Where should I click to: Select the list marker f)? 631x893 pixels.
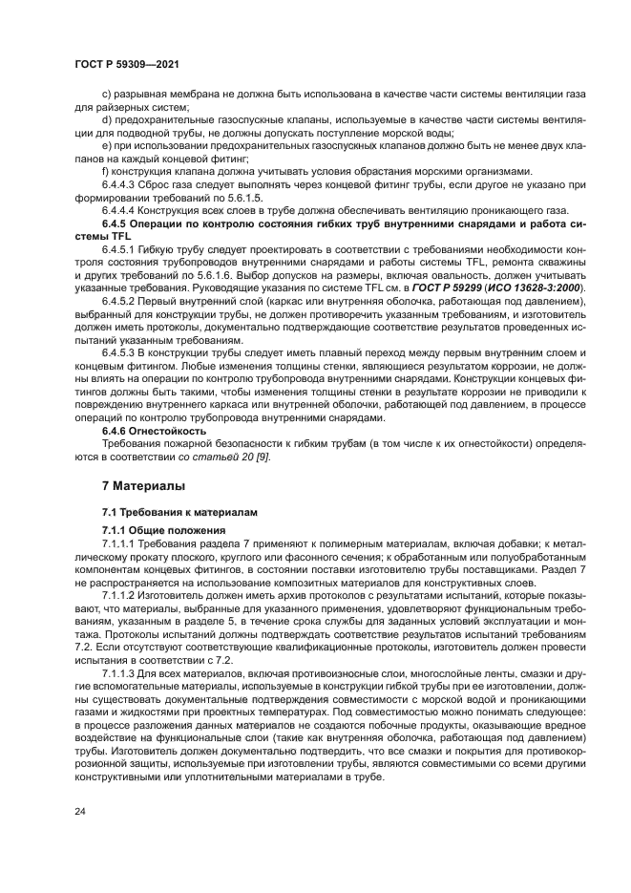105,172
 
